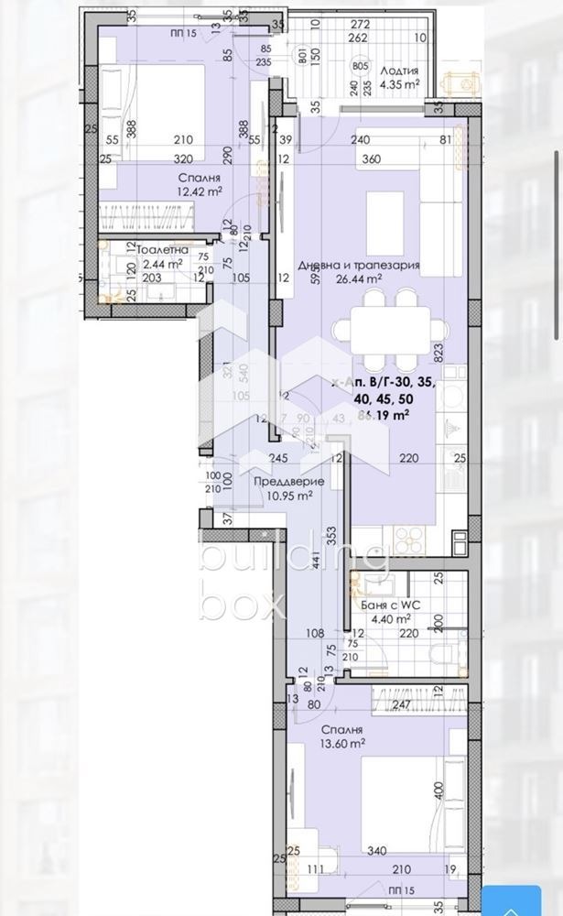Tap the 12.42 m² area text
200,191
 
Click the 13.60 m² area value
343,745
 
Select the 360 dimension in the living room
344,158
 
